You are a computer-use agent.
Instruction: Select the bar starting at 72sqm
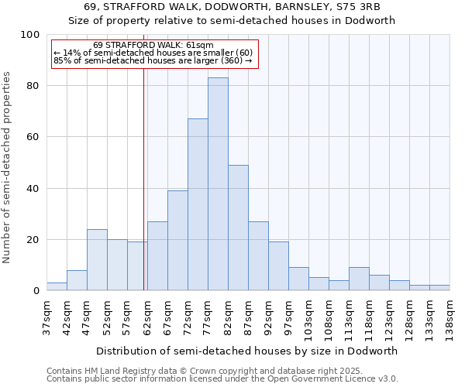tap(198, 205)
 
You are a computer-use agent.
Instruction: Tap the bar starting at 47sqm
tap(97, 260)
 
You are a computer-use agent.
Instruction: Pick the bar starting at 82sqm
tap(238, 228)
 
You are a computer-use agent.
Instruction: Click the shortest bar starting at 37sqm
tap(57, 287)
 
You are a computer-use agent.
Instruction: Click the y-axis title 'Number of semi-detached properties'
tap(8, 167)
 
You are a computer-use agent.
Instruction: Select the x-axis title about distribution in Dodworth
tap(247, 351)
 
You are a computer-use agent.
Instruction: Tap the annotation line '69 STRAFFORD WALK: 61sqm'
tap(153, 46)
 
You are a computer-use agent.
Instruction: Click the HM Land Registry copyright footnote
tap(194, 371)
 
